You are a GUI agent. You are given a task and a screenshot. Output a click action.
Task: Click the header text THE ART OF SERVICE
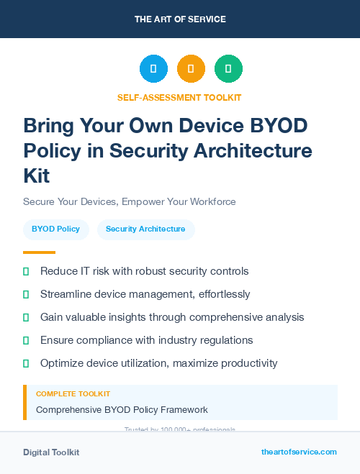click(180, 19)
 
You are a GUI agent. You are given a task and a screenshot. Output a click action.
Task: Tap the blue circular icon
click(153, 69)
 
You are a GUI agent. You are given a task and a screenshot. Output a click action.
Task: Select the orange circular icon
click(191, 69)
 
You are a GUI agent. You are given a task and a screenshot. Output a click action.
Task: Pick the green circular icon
click(228, 69)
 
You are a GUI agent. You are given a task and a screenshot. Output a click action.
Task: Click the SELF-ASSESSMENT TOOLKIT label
click(179, 97)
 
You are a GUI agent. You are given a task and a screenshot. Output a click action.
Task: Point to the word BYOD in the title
click(277, 126)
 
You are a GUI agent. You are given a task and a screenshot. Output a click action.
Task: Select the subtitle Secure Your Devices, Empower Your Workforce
click(130, 201)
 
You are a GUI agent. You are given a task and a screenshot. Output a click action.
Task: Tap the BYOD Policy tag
click(55, 229)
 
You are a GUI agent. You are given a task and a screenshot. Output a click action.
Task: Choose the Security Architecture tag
click(145, 229)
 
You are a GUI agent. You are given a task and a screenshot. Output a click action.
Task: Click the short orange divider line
click(39, 252)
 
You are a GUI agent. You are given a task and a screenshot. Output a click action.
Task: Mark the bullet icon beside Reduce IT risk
click(26, 271)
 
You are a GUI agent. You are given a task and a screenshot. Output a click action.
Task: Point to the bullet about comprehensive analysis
click(172, 317)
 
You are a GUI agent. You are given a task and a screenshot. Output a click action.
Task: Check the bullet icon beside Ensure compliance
click(26, 340)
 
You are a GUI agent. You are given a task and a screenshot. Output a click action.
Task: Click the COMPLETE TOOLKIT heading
click(73, 394)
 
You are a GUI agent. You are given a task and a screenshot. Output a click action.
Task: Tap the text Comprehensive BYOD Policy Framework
click(122, 410)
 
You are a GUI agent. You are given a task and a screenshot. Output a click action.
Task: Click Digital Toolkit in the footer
click(51, 452)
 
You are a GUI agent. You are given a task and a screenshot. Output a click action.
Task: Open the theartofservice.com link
click(299, 452)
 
